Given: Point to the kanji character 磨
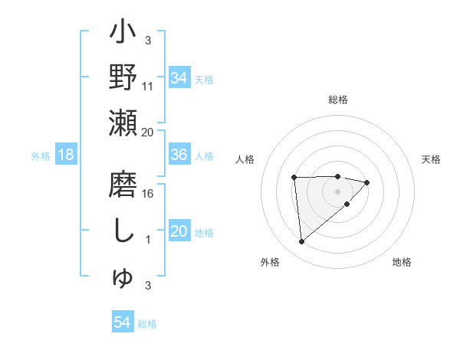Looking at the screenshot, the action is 123,188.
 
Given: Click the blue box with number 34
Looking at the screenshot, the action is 179,78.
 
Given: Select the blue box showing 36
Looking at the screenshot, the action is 179,155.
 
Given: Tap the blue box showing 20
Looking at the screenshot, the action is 179,232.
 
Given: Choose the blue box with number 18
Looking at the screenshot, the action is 66,155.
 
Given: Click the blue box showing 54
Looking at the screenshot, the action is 122,323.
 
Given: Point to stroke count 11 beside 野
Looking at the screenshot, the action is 148,86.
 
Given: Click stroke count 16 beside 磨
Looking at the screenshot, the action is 148,194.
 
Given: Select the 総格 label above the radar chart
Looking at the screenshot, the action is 338,100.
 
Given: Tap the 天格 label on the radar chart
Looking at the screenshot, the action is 431,159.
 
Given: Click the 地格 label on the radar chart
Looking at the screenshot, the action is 402,262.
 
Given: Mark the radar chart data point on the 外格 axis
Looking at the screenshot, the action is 302,242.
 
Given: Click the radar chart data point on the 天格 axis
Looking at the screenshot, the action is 367,182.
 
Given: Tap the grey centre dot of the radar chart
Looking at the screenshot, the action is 338,191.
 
